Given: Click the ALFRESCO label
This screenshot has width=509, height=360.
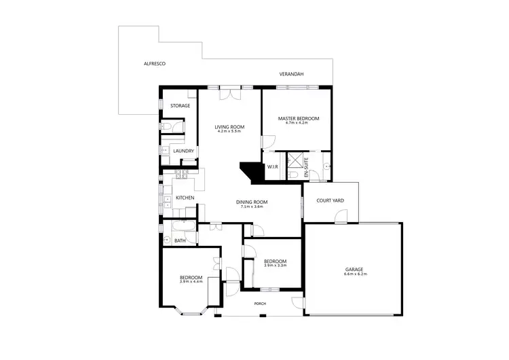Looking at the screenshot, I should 154,63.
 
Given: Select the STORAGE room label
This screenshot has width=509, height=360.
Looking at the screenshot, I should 180,106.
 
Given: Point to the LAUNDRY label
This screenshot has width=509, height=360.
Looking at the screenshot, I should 184,151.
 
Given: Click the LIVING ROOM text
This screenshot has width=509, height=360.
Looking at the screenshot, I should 229,126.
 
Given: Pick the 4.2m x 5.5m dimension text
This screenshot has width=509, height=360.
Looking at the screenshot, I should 229,131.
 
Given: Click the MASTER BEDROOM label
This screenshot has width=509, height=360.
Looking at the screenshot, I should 298,118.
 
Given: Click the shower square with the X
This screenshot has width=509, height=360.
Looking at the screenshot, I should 296,160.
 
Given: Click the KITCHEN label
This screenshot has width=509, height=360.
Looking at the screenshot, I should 185,198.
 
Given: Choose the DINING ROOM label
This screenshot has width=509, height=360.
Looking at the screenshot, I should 251,202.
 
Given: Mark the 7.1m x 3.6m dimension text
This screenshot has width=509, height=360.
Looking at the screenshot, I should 251,206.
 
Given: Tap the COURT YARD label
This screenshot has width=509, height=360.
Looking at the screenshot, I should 329,200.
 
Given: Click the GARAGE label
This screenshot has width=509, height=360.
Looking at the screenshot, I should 354,269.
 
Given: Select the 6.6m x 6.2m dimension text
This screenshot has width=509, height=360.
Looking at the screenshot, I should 354,274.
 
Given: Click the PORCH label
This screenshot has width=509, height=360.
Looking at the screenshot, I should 260,304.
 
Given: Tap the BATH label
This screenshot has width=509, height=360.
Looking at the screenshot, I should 180,240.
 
